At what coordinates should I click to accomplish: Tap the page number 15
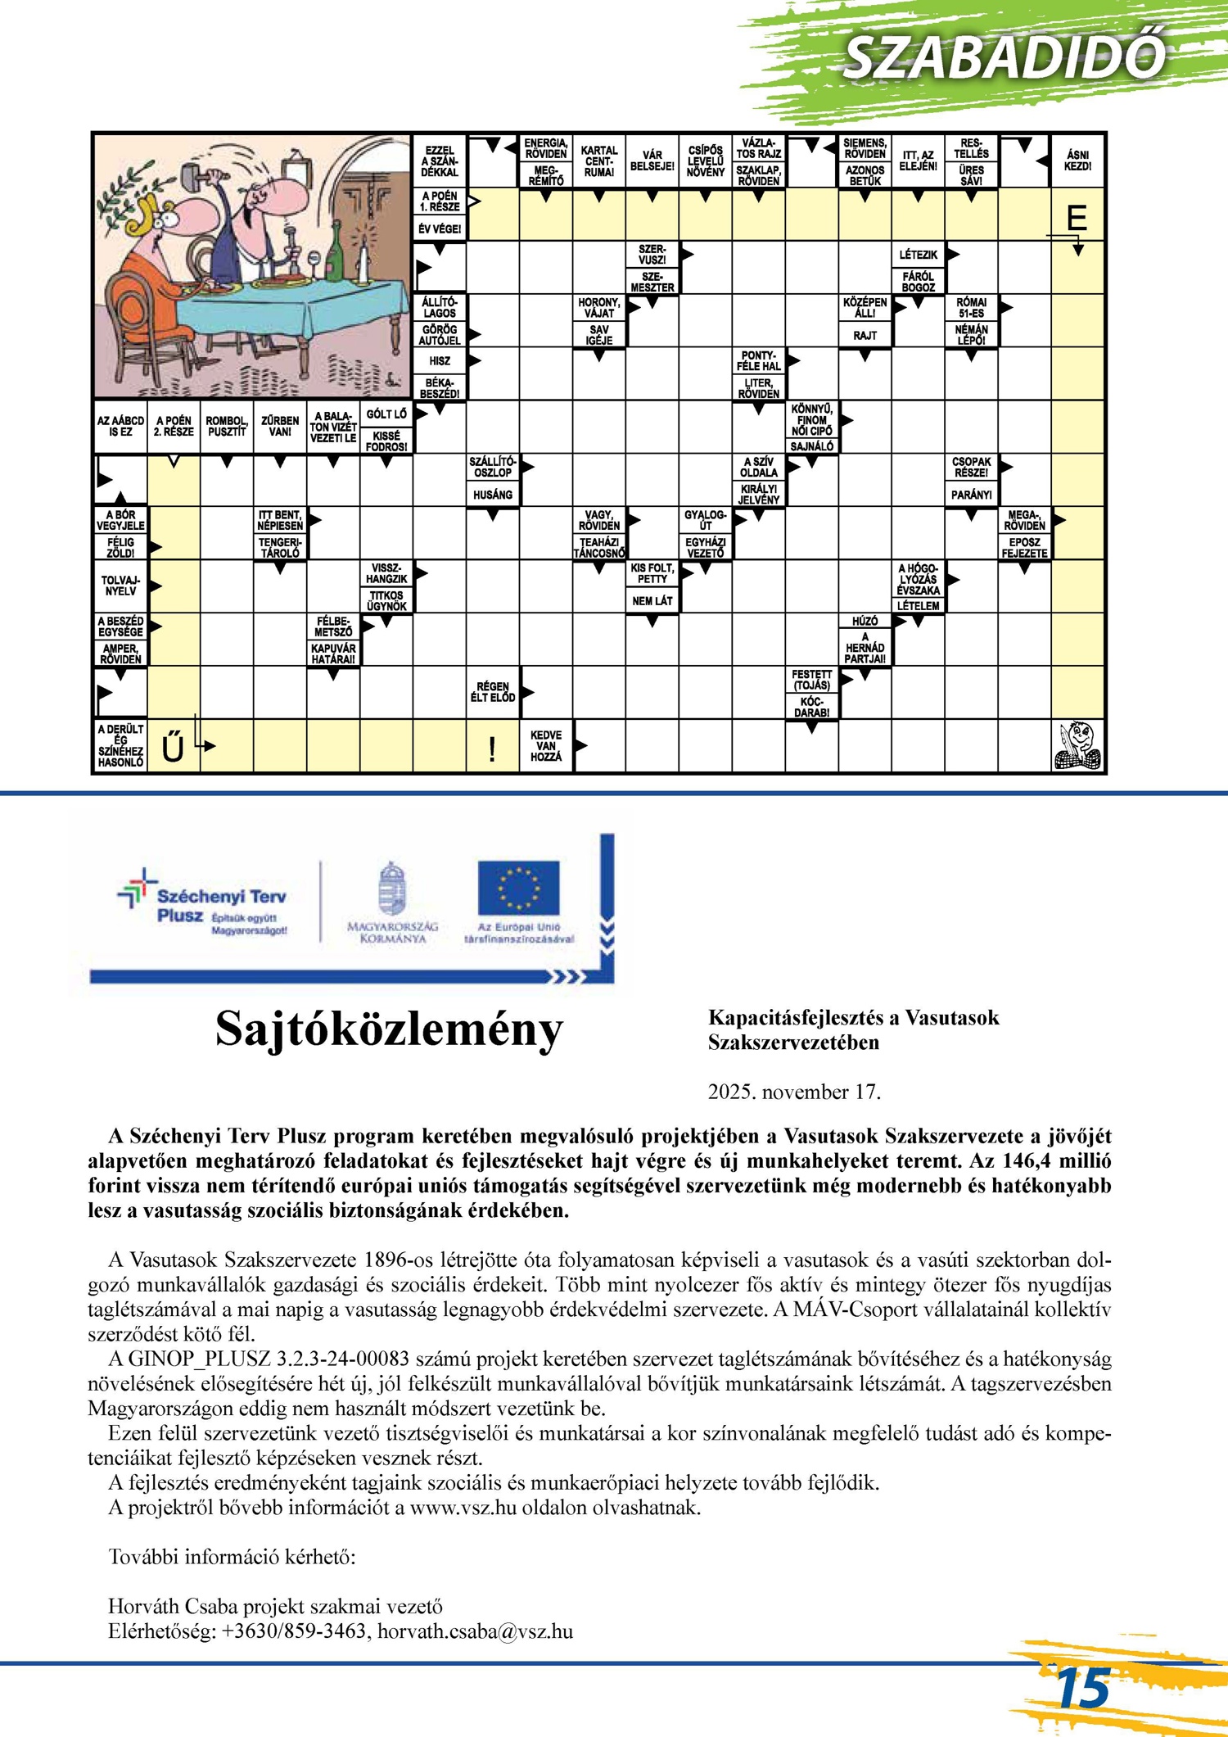pyautogui.click(x=1082, y=1688)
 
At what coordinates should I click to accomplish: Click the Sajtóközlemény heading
pyautogui.click(x=389, y=1029)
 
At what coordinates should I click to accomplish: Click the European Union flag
pyautogui.click(x=518, y=888)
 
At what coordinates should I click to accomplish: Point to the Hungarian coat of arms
pyautogui.click(x=393, y=889)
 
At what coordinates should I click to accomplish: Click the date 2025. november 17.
pyautogui.click(x=794, y=1092)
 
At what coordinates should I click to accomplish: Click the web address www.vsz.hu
pyautogui.click(x=463, y=1508)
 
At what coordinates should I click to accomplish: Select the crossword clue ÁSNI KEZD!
pyautogui.click(x=1077, y=160)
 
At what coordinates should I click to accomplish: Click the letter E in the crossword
pyautogui.click(x=1077, y=218)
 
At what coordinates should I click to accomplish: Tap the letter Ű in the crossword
pyautogui.click(x=173, y=747)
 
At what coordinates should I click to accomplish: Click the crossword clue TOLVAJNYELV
pyautogui.click(x=120, y=586)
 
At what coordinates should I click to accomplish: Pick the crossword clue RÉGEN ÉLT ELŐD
pyautogui.click(x=492, y=692)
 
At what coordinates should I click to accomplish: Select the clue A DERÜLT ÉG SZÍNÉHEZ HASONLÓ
pyautogui.click(x=120, y=745)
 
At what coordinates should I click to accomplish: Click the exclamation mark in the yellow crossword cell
pyautogui.click(x=492, y=749)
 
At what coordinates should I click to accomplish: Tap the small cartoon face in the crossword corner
pyautogui.click(x=1077, y=745)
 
